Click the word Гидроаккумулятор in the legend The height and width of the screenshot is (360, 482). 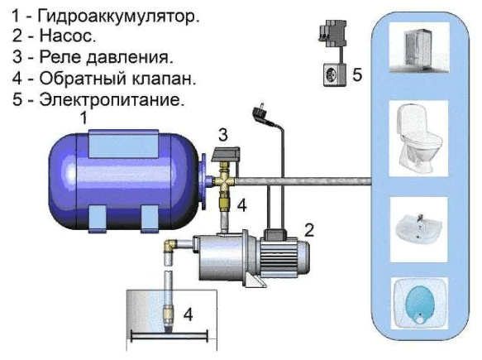point(118,17)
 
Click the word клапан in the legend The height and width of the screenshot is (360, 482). point(161,79)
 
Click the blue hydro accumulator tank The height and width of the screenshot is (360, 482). point(125,181)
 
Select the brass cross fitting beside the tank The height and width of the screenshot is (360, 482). point(224,180)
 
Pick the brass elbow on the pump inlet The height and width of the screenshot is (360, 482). point(170,246)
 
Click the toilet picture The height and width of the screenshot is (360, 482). point(418,138)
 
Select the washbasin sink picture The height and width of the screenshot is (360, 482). point(418,228)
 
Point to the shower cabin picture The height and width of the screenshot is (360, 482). point(419,48)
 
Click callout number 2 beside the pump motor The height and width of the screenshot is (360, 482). point(309,230)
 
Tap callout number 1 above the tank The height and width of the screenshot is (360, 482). point(84,118)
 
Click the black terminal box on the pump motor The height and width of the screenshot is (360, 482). point(274,234)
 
